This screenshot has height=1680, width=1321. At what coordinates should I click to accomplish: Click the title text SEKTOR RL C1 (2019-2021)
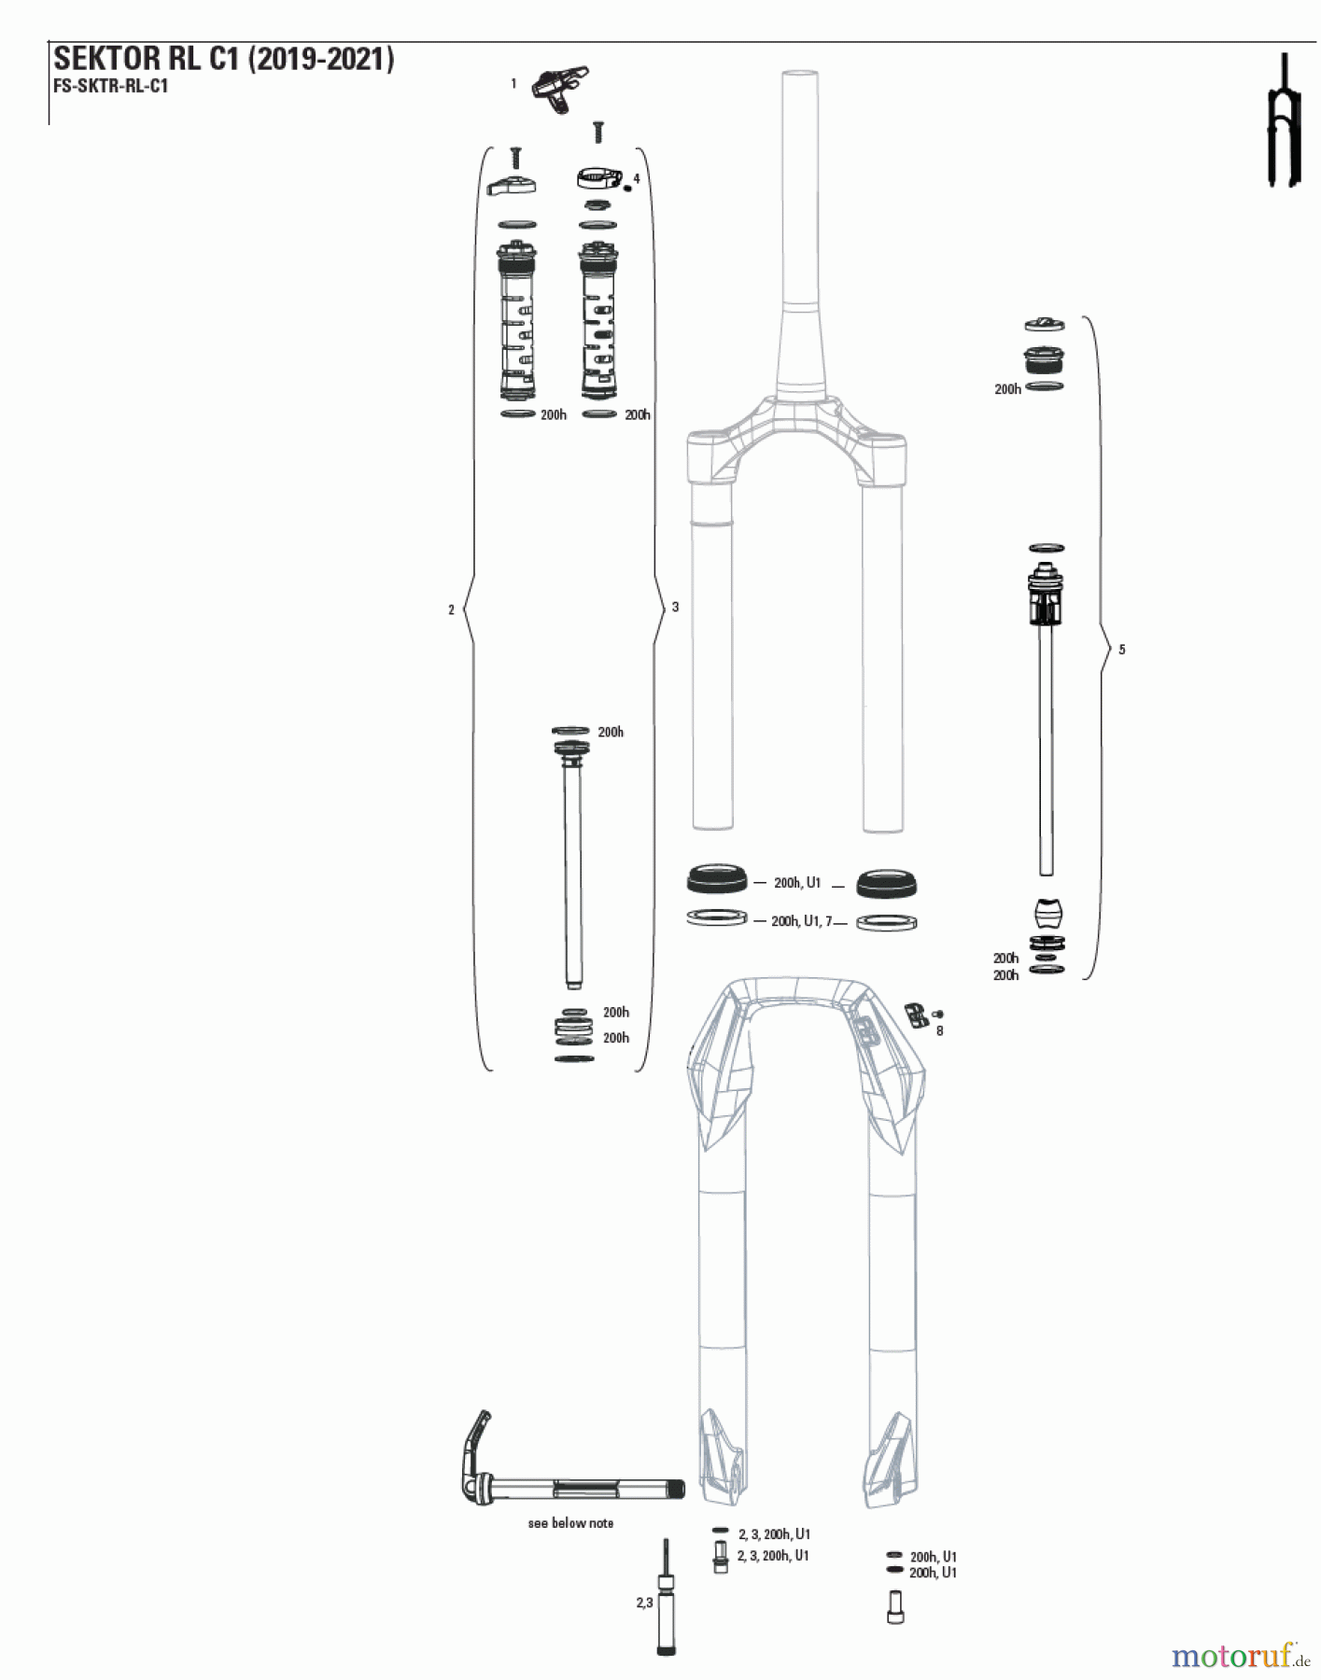(x=224, y=60)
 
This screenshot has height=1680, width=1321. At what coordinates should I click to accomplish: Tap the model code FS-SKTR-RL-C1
(x=111, y=87)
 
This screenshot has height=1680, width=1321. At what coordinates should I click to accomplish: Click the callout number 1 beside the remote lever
(x=513, y=84)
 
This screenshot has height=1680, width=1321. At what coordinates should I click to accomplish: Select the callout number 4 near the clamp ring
(x=637, y=178)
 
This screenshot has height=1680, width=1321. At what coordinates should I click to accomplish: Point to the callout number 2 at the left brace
(x=452, y=609)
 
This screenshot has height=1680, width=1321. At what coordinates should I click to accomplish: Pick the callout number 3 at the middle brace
(x=676, y=607)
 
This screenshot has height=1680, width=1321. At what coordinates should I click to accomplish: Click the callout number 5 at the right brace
(x=1122, y=650)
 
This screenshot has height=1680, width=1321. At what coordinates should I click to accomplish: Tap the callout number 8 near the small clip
(x=939, y=1031)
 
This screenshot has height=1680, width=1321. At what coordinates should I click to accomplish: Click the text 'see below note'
(x=570, y=1523)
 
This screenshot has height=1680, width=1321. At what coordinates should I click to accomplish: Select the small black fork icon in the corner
(x=1283, y=121)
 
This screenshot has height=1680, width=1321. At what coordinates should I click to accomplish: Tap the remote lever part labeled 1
(x=559, y=89)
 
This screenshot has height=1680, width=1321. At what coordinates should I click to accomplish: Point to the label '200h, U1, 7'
(x=801, y=921)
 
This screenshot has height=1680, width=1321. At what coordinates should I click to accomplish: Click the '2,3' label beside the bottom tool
(x=644, y=1603)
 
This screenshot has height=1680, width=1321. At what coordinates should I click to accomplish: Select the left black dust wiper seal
(x=717, y=879)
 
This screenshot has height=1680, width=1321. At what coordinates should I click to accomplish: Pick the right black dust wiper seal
(x=886, y=882)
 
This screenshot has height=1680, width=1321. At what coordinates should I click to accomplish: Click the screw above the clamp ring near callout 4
(x=598, y=132)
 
